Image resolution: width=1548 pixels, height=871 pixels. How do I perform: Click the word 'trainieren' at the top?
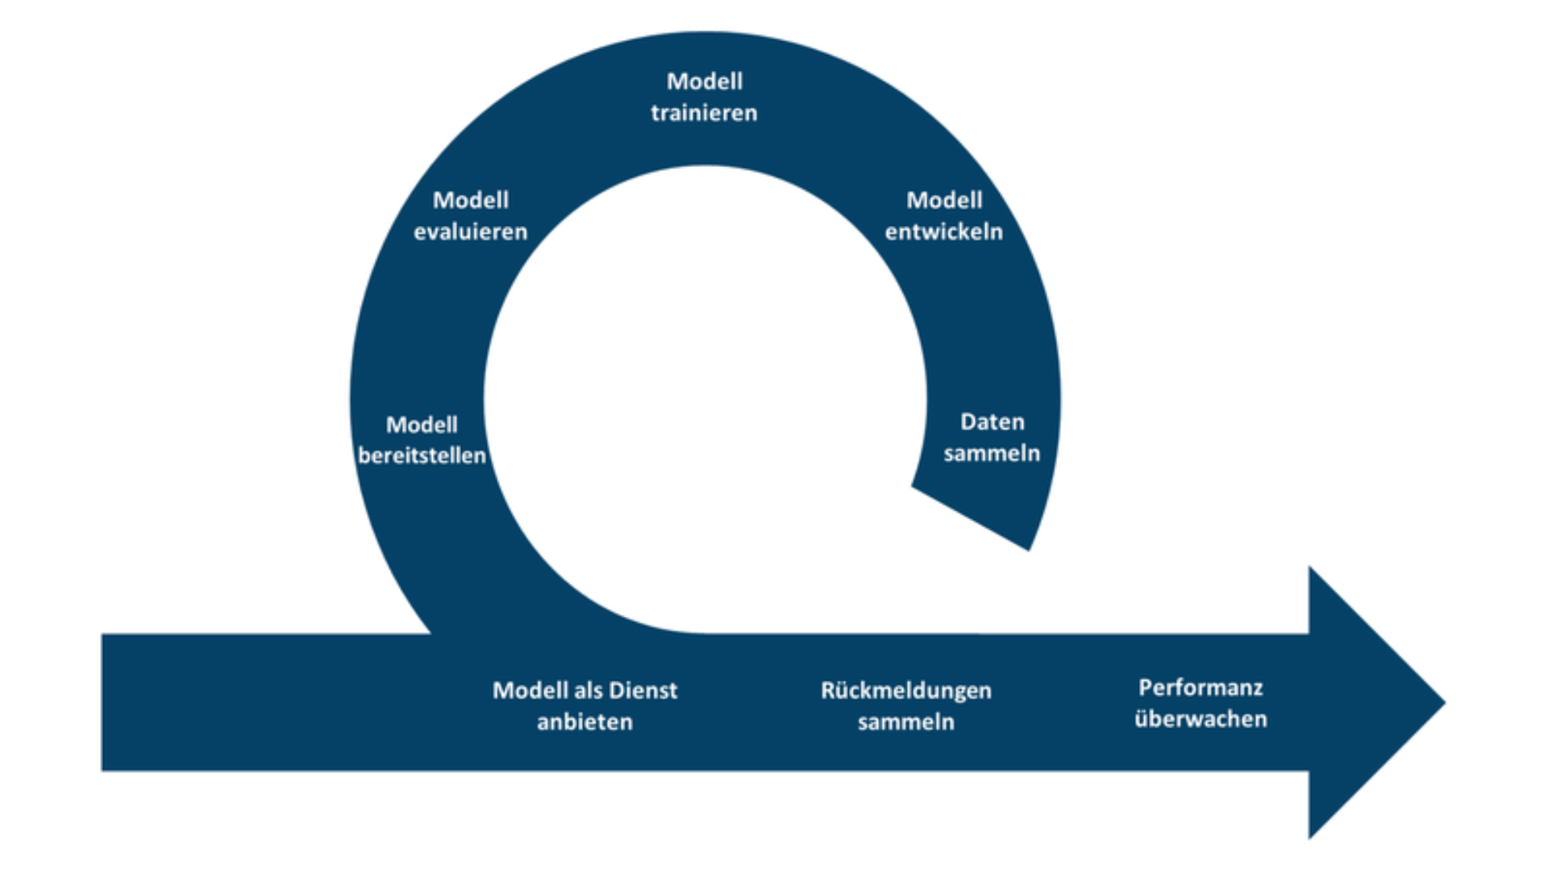pyautogui.click(x=704, y=113)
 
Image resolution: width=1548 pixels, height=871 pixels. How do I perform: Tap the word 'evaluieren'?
pyautogui.click(x=470, y=232)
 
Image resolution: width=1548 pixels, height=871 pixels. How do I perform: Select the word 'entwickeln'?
pyautogui.click(x=943, y=232)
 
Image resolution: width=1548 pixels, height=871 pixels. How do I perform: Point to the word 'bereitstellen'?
pyautogui.click(x=422, y=456)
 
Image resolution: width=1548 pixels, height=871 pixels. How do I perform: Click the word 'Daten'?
pyautogui.click(x=992, y=422)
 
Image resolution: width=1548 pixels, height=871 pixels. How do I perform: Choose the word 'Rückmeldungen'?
pyautogui.click(x=905, y=690)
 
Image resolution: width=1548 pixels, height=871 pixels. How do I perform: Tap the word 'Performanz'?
pyautogui.click(x=1201, y=688)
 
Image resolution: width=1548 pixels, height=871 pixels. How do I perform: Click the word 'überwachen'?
pyautogui.click(x=1201, y=719)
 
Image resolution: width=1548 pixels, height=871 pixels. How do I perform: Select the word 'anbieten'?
pyautogui.click(x=585, y=722)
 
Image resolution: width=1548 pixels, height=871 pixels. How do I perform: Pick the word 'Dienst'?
pyautogui.click(x=643, y=690)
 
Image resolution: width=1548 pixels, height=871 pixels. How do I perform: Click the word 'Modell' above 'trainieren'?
pyautogui.click(x=704, y=81)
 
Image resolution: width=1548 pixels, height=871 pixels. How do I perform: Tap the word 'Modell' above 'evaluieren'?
pyautogui.click(x=470, y=200)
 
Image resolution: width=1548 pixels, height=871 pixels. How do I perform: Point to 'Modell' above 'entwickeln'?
pyautogui.click(x=943, y=200)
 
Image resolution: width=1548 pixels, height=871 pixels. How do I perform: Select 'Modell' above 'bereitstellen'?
pyautogui.click(x=422, y=424)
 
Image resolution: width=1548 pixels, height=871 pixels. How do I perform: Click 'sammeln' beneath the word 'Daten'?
pyautogui.click(x=992, y=453)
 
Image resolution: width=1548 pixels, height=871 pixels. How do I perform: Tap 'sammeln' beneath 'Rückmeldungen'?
pyautogui.click(x=905, y=722)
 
